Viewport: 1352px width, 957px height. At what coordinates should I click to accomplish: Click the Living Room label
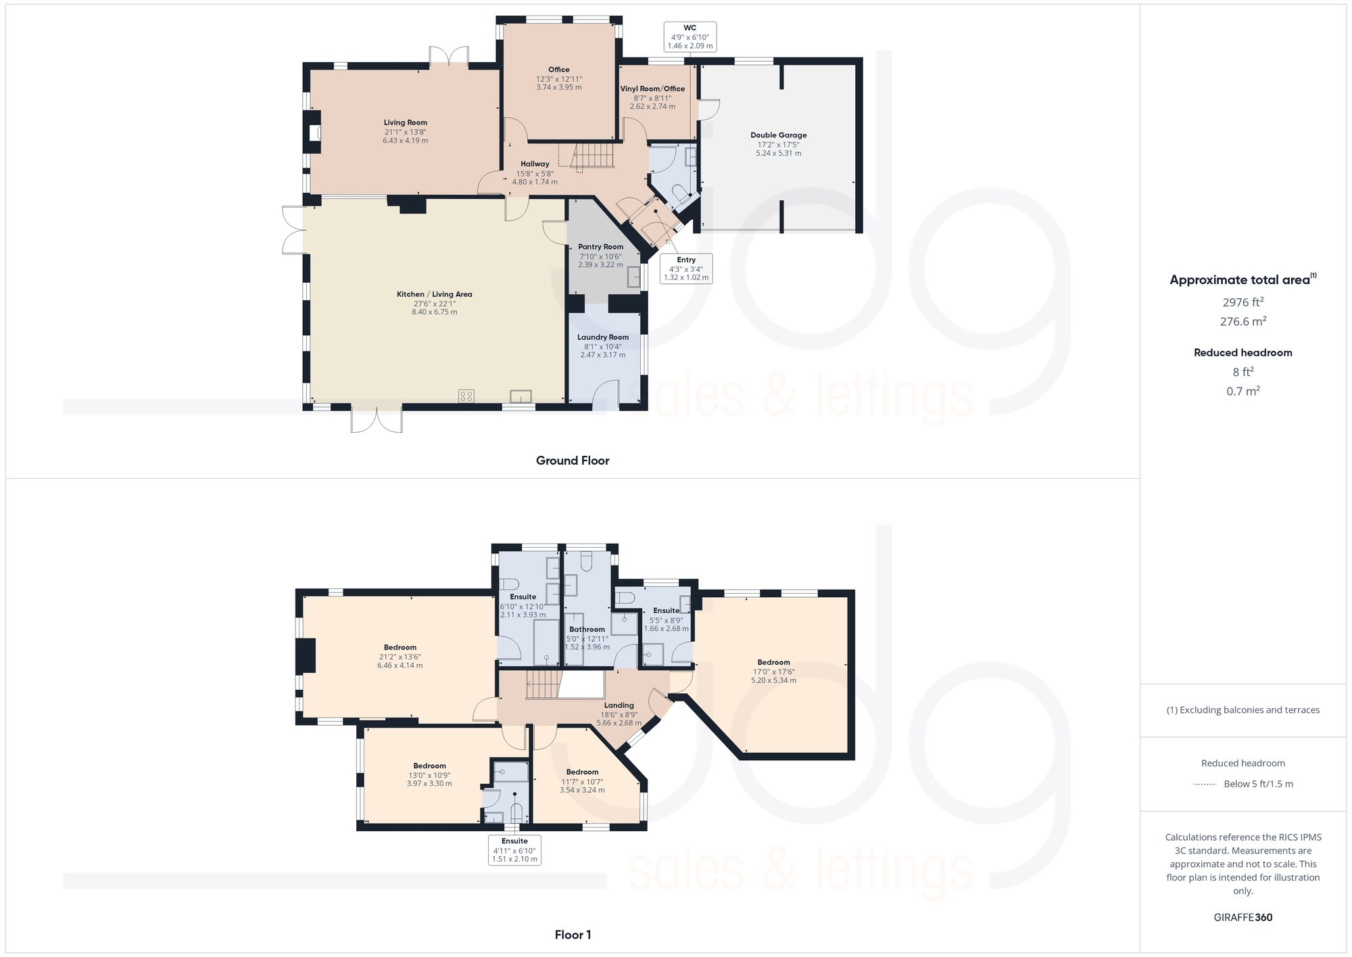[405, 122]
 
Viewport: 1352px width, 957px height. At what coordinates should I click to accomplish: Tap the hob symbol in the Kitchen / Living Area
[466, 396]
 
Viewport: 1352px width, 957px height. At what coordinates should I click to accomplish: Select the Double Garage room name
[778, 135]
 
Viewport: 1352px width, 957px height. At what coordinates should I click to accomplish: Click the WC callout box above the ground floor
[690, 37]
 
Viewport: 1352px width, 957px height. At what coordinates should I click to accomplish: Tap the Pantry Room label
[600, 247]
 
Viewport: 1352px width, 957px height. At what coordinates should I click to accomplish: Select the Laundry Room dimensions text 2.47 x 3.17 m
[602, 355]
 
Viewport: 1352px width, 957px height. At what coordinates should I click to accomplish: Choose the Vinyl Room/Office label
[652, 89]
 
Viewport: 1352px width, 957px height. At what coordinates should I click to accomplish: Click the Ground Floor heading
[572, 461]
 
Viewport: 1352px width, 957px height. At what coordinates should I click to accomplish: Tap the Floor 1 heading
[572, 935]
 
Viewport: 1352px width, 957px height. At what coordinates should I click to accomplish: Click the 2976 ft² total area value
[1242, 302]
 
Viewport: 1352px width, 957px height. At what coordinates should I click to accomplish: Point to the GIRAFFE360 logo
[1242, 918]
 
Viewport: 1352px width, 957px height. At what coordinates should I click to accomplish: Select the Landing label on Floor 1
[619, 705]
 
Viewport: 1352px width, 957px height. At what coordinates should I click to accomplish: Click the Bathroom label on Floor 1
[587, 629]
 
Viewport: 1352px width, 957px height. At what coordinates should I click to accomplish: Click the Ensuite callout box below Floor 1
[514, 850]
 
